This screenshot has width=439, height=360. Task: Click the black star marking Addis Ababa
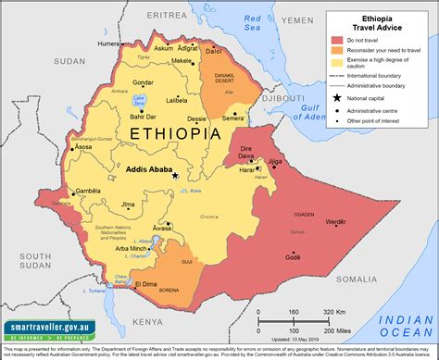pyautogui.click(x=175, y=175)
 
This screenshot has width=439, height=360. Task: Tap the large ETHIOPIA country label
pyautogui.click(x=176, y=134)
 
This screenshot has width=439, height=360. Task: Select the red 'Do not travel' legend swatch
pyautogui.click(x=337, y=41)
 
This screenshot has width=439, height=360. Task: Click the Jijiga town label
pyautogui.click(x=274, y=161)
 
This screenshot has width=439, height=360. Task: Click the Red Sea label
pyautogui.click(x=252, y=22)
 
